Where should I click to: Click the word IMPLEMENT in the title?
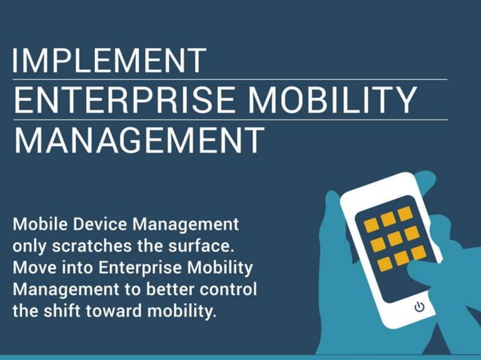pyautogui.click(x=110, y=61)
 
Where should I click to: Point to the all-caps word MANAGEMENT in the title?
pyautogui.click(x=140, y=140)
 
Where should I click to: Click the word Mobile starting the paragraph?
pyautogui.click(x=37, y=224)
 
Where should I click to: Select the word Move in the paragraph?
pyautogui.click(x=32, y=267)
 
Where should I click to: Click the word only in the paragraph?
pyautogui.click(x=30, y=246)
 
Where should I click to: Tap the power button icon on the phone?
pyautogui.click(x=419, y=307)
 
